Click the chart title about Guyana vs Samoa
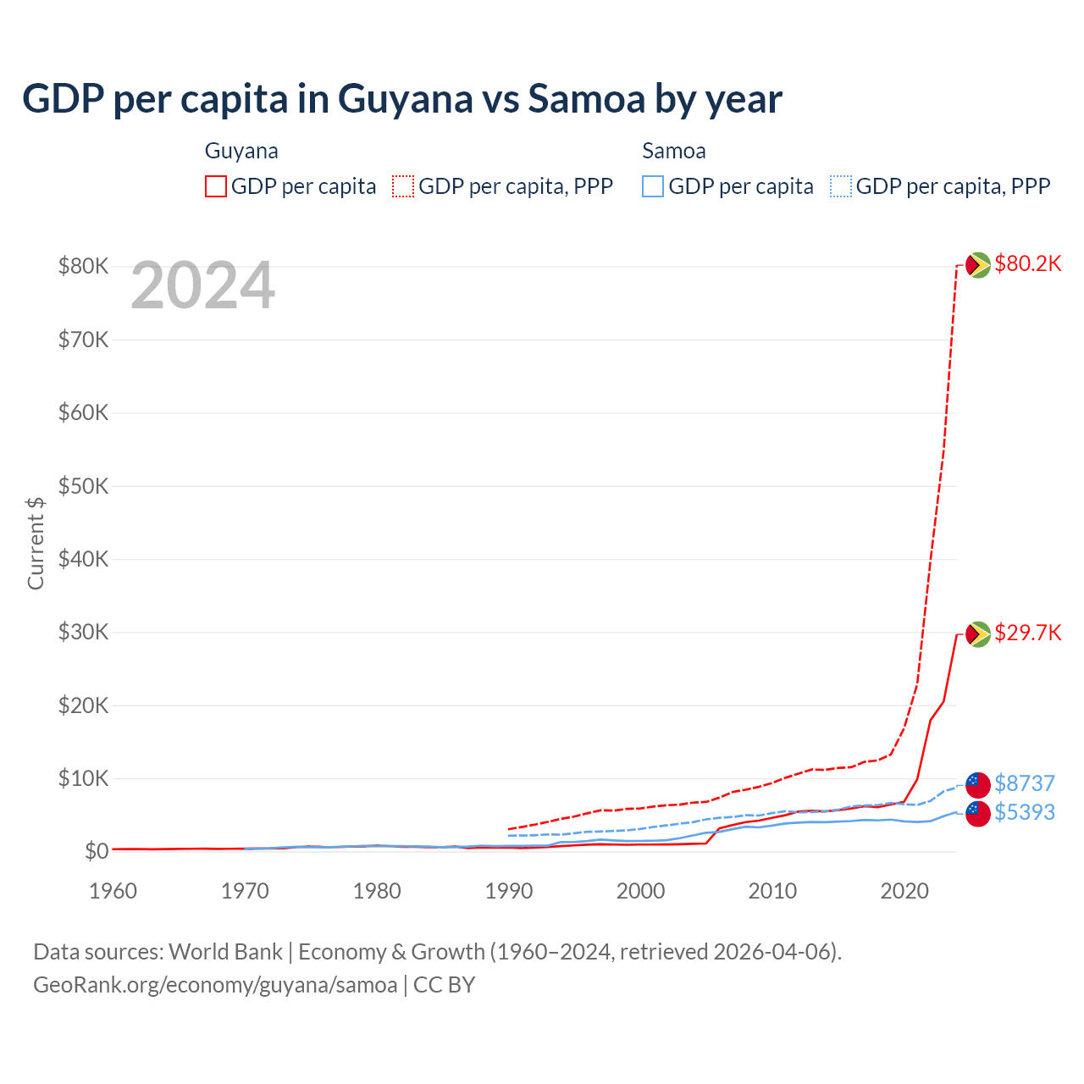(402, 99)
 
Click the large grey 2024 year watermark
(202, 286)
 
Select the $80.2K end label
(1027, 264)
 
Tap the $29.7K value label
(1027, 633)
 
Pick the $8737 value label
(1024, 783)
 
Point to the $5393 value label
(1024, 813)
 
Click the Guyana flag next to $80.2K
(978, 265)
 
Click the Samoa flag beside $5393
(978, 814)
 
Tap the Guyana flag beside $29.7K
(978, 633)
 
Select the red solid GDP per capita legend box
(216, 186)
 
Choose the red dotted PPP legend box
(403, 186)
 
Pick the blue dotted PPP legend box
(841, 186)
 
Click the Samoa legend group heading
(673, 152)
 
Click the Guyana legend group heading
(241, 152)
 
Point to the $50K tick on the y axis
(83, 487)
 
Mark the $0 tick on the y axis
(96, 852)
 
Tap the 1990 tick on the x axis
(509, 891)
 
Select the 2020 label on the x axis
(904, 891)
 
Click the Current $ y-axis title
(36, 543)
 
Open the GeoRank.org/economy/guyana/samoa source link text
(215, 985)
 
